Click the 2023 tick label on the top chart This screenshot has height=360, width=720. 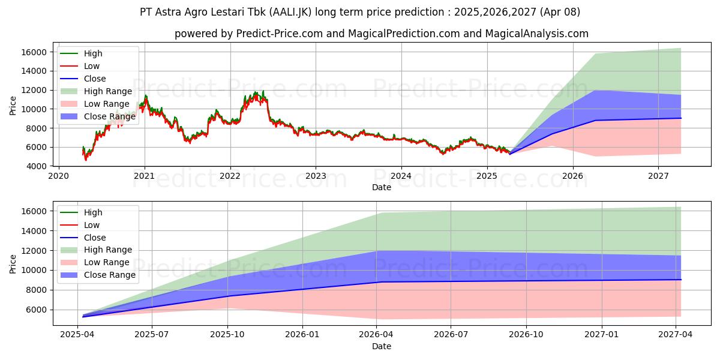coord(316,176)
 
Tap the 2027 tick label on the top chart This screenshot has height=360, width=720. coord(658,176)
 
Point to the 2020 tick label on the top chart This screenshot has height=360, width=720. coord(58,176)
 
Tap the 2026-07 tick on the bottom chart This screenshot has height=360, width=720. coord(451,335)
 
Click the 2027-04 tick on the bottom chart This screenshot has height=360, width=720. coord(676,335)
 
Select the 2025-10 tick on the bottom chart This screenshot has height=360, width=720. coord(228,335)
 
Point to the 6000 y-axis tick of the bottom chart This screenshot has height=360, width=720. coord(37,310)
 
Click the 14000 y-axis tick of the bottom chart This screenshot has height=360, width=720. coord(34,231)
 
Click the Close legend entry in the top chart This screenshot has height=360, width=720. coord(95,79)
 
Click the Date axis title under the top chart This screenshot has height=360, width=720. coord(381,187)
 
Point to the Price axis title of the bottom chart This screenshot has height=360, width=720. coord(13,264)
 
